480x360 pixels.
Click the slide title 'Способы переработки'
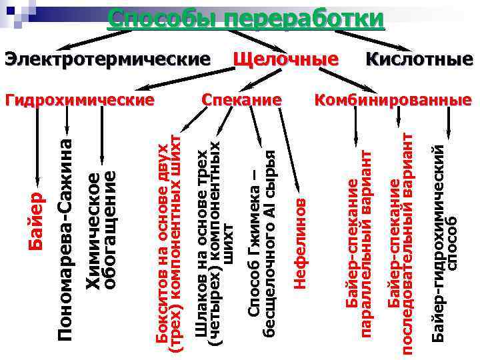(246, 18)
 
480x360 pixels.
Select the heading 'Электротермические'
(107, 59)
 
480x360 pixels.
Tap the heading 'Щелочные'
(285, 59)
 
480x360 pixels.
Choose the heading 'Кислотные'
(419, 59)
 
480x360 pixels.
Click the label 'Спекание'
(241, 101)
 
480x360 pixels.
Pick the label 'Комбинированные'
(393, 101)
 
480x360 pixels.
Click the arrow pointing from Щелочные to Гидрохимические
(187, 79)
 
